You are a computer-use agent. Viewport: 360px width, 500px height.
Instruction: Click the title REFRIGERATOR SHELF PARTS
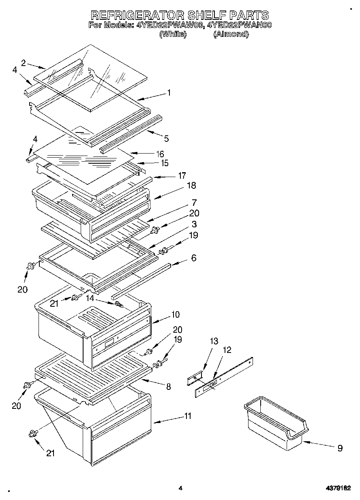(180, 15)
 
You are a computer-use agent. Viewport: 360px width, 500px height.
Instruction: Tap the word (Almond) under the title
(231, 34)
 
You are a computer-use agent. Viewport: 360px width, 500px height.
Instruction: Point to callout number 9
(340, 448)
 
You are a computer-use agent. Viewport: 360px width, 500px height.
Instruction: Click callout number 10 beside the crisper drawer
(175, 314)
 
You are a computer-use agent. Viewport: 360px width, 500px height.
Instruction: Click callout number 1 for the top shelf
(169, 93)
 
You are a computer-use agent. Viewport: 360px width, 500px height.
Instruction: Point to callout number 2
(24, 62)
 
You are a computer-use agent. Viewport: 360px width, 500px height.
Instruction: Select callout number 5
(166, 139)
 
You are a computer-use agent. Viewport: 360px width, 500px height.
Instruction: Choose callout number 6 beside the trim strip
(194, 257)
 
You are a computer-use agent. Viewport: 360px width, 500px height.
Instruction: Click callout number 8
(168, 387)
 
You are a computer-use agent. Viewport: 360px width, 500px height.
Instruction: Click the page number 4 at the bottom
(180, 489)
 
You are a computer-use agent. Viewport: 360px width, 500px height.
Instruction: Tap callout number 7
(194, 202)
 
